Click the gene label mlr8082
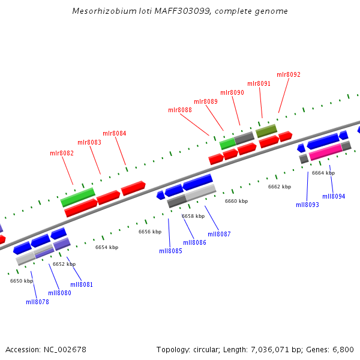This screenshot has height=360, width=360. [x=62, y=154]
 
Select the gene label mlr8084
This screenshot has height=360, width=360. [x=115, y=133]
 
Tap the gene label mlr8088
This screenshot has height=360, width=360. [x=180, y=110]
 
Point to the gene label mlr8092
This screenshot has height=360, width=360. [x=289, y=75]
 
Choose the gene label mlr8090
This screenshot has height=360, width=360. [x=232, y=93]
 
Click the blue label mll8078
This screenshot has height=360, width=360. [x=37, y=302]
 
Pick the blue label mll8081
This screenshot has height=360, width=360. [x=82, y=284]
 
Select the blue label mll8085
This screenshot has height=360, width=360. [x=170, y=251]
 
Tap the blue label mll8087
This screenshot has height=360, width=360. [x=220, y=234]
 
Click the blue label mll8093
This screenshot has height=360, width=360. [x=307, y=205]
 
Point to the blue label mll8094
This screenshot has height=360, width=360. [x=334, y=196]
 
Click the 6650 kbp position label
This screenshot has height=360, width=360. [x=22, y=281]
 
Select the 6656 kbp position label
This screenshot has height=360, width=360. [x=150, y=232]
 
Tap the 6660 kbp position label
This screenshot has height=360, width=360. [x=236, y=202]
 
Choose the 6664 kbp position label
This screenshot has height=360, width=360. [x=323, y=173]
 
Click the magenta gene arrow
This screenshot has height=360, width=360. [x=325, y=151]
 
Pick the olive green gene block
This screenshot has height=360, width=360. [x=266, y=130]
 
